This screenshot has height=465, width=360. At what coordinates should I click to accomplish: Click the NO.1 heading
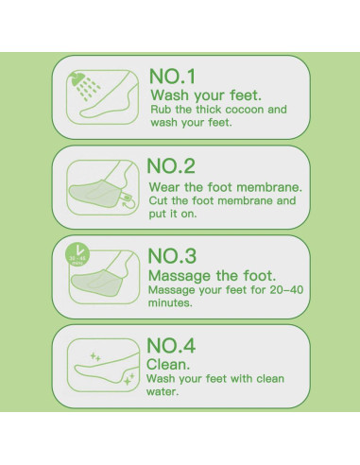pos(173,77)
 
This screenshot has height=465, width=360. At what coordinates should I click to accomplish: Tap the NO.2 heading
pos(171,166)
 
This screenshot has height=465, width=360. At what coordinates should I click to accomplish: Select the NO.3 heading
pos(172,255)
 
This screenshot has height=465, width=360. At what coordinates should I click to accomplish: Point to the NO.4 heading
pos(171,345)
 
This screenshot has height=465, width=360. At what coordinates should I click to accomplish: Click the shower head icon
pos(78,78)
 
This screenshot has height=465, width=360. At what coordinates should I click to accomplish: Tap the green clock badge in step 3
pos(77,254)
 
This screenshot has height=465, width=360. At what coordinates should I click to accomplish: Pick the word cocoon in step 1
pos(245,110)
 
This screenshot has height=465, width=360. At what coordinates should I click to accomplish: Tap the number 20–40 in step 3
pos(286,290)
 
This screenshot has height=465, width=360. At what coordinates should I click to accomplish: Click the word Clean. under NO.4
pos(168,365)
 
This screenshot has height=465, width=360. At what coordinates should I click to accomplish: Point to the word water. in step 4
pos(163,392)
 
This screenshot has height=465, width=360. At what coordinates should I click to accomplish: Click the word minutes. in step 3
pos(170,303)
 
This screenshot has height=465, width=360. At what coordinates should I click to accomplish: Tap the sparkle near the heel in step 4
pos(129,380)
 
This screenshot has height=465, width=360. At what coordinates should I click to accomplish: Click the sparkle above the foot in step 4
pos(95,356)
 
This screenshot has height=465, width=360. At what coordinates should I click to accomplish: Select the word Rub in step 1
pos(158,110)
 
